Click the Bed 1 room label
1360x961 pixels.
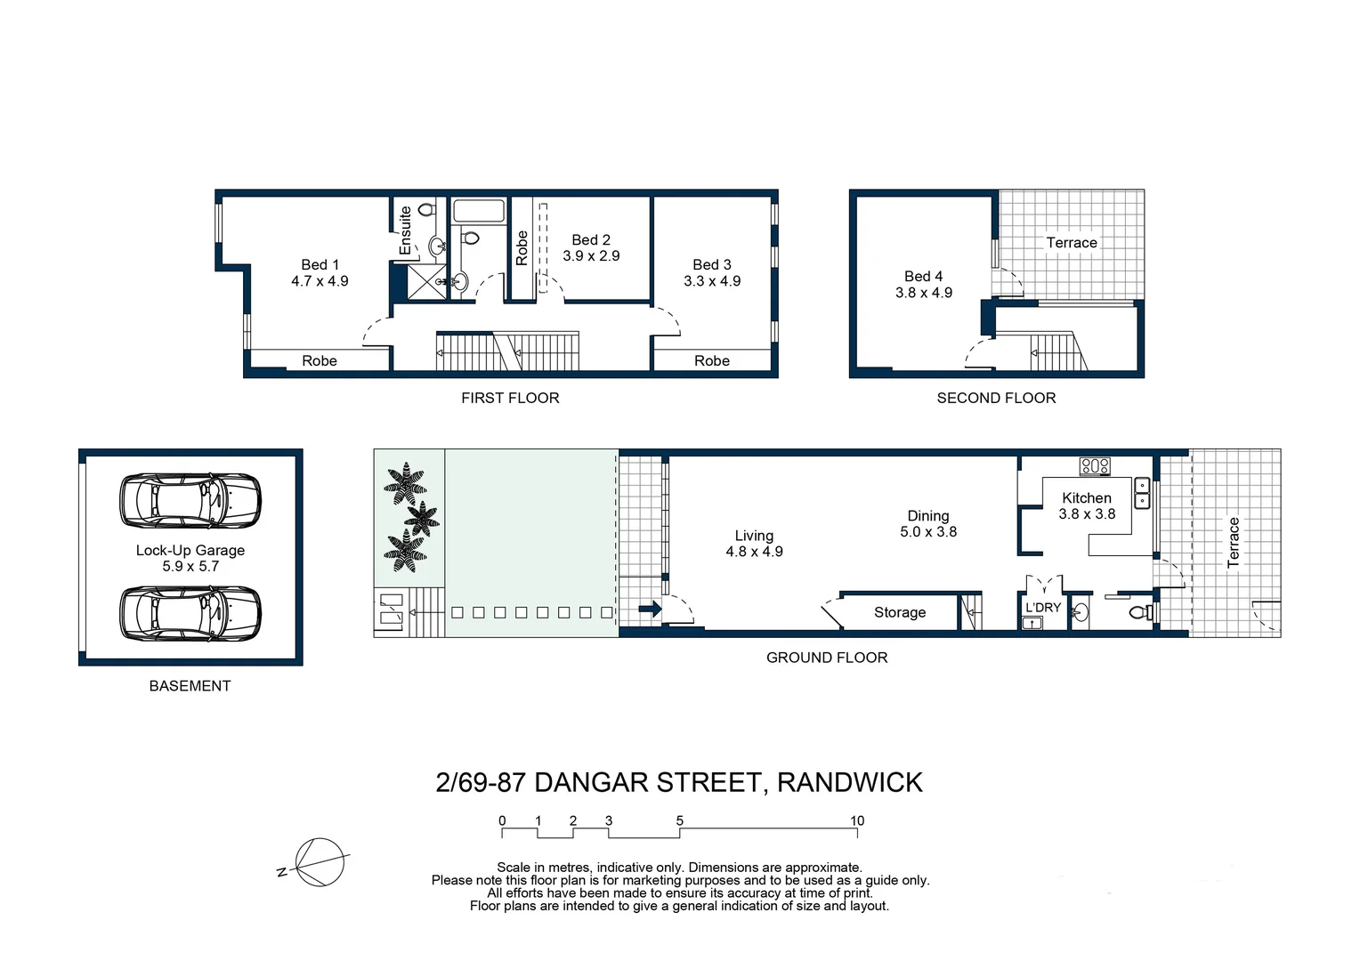(x=320, y=264)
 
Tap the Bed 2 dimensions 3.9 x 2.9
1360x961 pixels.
(x=591, y=256)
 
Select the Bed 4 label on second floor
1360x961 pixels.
(x=923, y=277)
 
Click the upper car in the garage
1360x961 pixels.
(x=190, y=499)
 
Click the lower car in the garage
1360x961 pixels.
(x=190, y=612)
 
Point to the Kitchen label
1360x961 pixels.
(x=1086, y=498)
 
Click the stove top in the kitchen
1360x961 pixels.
(x=1094, y=465)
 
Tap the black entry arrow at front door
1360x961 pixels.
(x=651, y=610)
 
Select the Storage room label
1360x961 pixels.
(x=899, y=612)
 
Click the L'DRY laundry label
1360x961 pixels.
(x=1042, y=607)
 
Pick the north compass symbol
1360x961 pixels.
(x=319, y=862)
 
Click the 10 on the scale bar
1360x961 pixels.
(x=856, y=820)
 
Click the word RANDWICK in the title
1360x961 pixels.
(x=849, y=782)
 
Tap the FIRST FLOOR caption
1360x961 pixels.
(x=510, y=398)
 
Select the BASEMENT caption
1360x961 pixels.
(x=190, y=686)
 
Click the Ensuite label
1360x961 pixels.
(x=406, y=230)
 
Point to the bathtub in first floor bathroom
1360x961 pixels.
(x=478, y=211)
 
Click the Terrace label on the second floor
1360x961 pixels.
(x=1071, y=243)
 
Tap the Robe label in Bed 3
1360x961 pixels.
(x=711, y=360)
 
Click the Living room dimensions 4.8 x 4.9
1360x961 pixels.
(x=754, y=552)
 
